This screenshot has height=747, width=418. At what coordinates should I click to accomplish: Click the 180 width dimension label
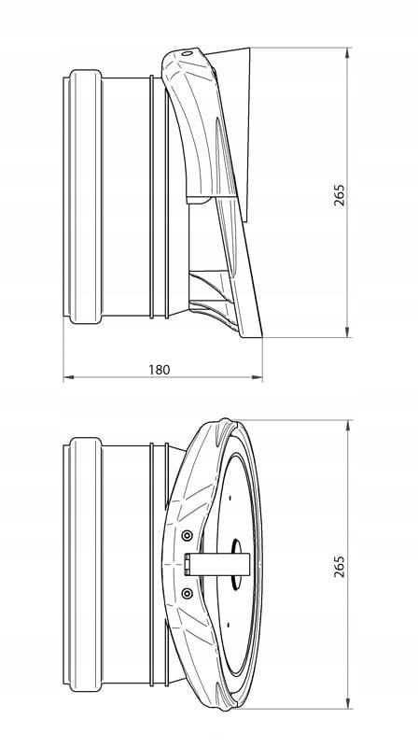point(159,370)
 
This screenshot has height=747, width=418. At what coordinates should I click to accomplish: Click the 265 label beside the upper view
point(339,195)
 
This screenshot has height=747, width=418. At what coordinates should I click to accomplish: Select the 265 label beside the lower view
point(339,567)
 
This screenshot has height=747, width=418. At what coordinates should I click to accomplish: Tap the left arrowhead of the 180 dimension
point(68,377)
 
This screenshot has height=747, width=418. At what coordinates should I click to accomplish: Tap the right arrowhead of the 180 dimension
point(257,377)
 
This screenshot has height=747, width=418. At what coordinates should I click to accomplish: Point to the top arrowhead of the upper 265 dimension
point(347,53)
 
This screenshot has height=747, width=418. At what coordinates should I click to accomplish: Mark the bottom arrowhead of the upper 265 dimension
point(347,331)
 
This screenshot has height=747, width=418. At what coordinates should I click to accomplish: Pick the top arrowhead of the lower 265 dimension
point(347,426)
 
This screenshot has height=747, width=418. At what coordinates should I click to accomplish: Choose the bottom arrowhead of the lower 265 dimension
point(347,703)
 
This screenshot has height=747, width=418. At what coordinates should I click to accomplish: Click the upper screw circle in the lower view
point(188,535)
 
